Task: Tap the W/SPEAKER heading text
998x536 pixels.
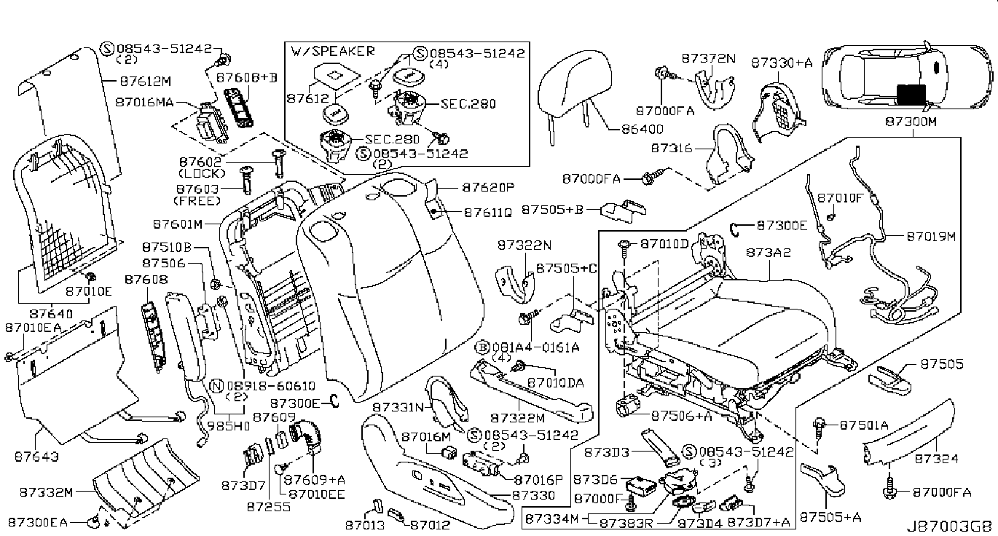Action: point(333,51)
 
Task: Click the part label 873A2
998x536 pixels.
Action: point(769,252)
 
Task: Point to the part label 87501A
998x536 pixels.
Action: point(864,425)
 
